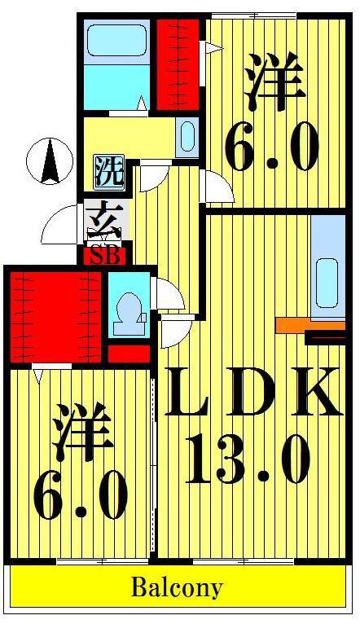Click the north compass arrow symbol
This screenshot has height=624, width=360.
[50, 161]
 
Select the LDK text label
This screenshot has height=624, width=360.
[253, 393]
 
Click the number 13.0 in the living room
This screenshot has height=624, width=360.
[248, 459]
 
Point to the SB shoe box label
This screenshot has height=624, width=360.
[105, 257]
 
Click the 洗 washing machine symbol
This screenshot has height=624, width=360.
[109, 172]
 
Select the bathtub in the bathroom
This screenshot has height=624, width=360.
[116, 40]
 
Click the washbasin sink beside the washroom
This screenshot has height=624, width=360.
[187, 137]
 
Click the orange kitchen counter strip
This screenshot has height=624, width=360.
[310, 325]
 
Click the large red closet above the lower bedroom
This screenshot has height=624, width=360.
[55, 317]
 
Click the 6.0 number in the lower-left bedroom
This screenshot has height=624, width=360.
[81, 494]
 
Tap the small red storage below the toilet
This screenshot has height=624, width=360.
[129, 354]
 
